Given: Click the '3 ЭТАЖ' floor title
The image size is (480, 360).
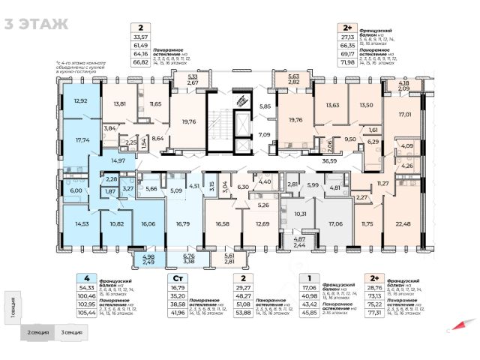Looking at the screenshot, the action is click(x=36, y=23).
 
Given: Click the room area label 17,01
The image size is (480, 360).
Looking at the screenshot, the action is click(x=404, y=115).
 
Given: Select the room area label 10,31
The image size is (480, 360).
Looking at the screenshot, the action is click(x=299, y=214).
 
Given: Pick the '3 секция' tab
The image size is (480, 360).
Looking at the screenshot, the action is click(x=73, y=331).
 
